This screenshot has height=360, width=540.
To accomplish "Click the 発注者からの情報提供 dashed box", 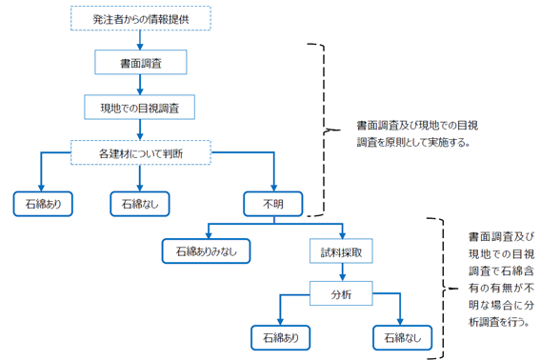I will pos(141,17).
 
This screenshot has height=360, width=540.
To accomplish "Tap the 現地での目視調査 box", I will pos(140,107).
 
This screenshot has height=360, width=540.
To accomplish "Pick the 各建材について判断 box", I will pos(140,151).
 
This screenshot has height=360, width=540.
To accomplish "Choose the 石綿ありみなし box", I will pos(207,250).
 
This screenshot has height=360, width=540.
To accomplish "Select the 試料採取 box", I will pos(341,250).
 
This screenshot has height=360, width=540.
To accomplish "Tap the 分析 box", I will pos(341,294).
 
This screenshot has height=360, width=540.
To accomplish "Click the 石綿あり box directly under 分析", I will pos(279,337).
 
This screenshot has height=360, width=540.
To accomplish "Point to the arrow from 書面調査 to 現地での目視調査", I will pos(140,84).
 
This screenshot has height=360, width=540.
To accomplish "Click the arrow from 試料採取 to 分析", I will pos(341,272).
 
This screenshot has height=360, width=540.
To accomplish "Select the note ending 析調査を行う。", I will pos(499,277).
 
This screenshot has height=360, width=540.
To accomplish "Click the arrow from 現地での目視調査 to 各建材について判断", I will pos(140,129).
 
